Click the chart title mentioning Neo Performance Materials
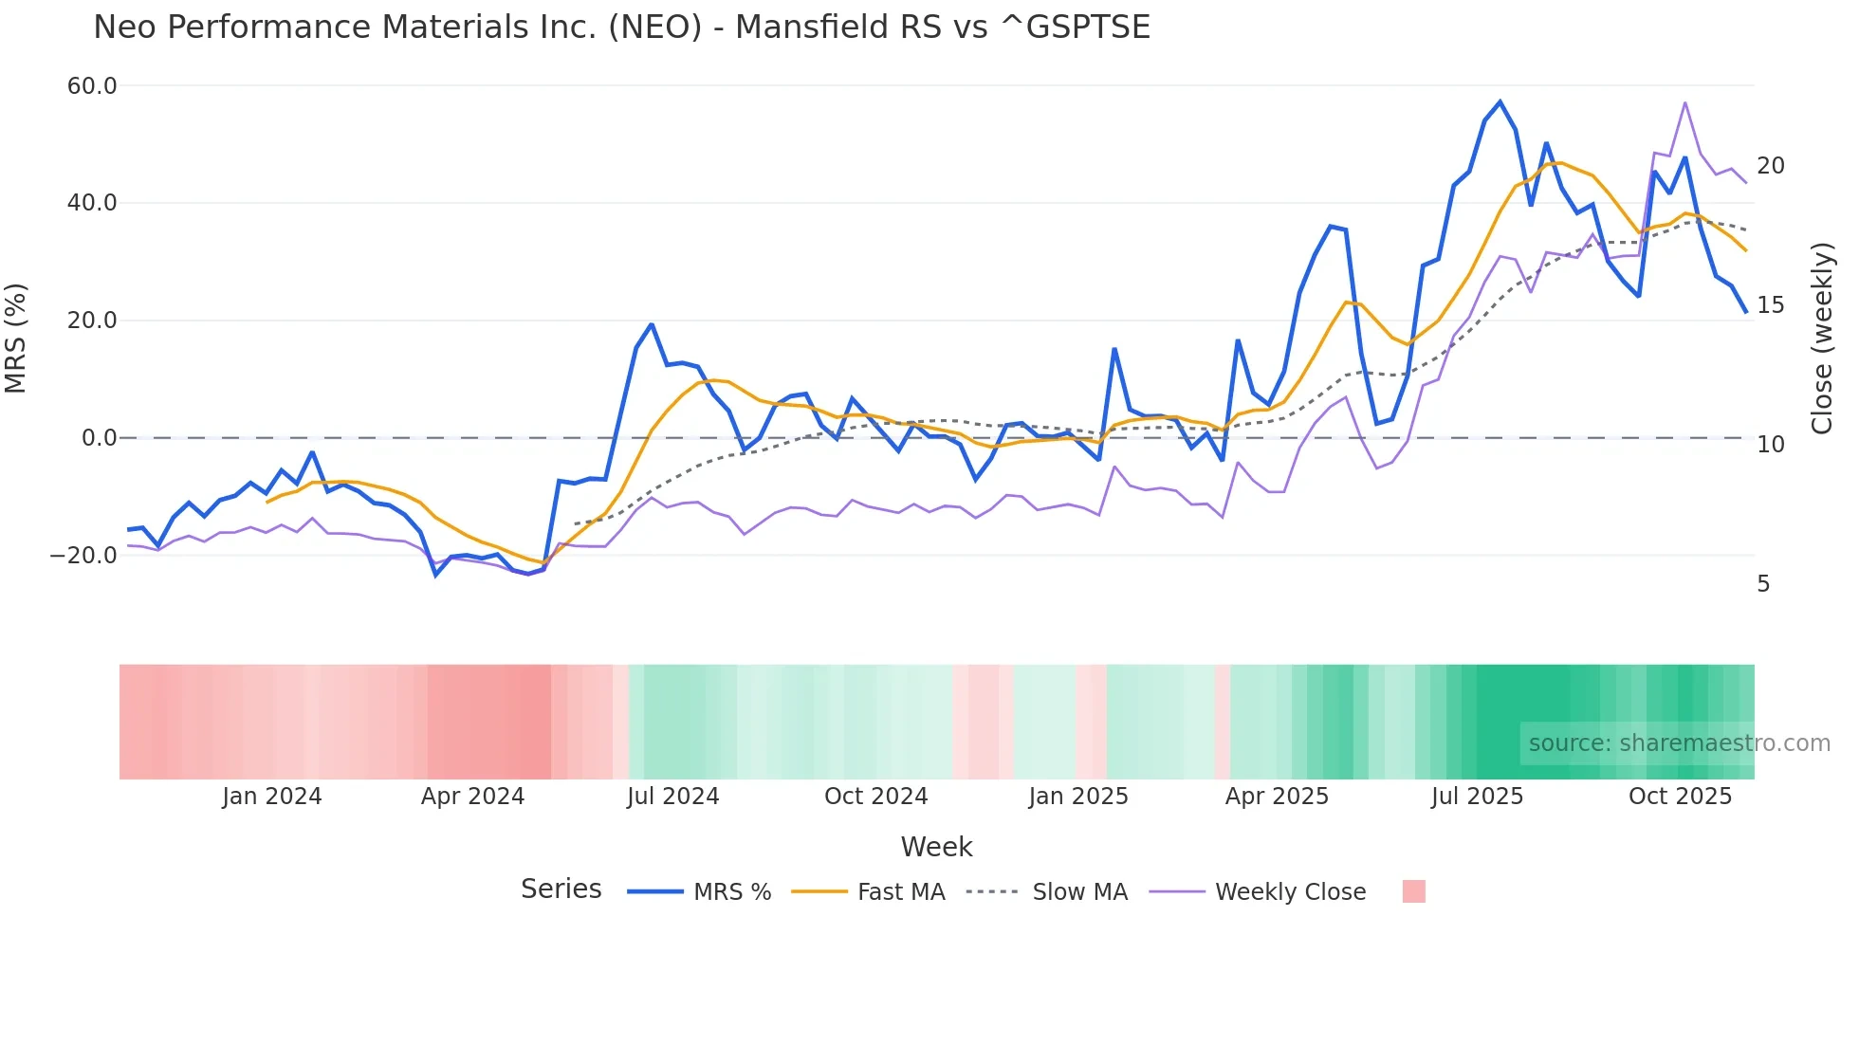[x=621, y=27]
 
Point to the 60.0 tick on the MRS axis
[x=92, y=86]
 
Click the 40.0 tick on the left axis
[x=92, y=203]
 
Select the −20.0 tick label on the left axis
[x=84, y=556]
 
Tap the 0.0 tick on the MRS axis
[x=99, y=438]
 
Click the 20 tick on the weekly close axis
[x=1770, y=166]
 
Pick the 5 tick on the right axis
[x=1763, y=584]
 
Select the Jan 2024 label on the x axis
[x=272, y=797]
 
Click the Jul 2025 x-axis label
[x=1477, y=797]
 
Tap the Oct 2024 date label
[x=875, y=797]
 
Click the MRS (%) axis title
[x=16, y=339]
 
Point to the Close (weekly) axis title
[x=1822, y=339]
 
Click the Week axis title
[x=936, y=847]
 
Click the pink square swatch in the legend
[x=1413, y=891]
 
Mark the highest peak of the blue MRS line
[x=1500, y=101]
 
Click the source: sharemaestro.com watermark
[x=1679, y=743]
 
